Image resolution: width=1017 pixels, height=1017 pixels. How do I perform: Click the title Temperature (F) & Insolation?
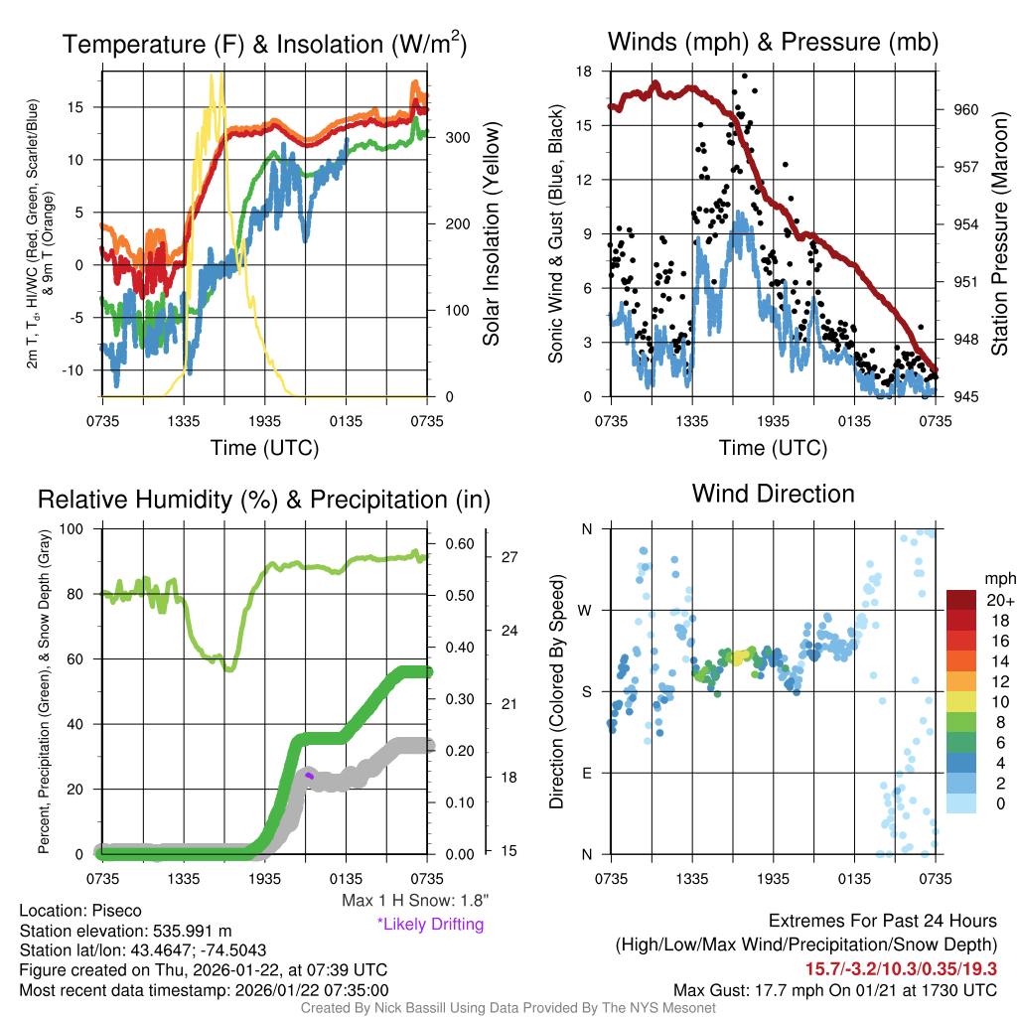[x=264, y=44]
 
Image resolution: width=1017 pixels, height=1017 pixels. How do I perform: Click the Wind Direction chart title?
[x=773, y=494]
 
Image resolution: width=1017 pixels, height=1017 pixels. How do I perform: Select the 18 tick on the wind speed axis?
[x=584, y=72]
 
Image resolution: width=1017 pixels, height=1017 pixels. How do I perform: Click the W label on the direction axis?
[x=586, y=610]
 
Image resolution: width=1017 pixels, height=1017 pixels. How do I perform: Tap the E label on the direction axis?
[x=587, y=773]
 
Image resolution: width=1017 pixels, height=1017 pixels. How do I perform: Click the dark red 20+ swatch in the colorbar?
[x=961, y=600]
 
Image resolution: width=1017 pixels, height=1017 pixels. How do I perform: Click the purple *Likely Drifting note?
[x=430, y=925]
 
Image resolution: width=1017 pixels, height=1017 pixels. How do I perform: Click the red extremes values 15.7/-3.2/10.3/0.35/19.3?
[x=902, y=967]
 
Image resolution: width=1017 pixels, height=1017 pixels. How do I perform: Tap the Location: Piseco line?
[x=80, y=911]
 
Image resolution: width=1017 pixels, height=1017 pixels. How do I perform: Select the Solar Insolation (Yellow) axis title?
[x=491, y=233]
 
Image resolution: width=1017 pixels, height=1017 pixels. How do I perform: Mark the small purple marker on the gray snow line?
[x=309, y=776]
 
